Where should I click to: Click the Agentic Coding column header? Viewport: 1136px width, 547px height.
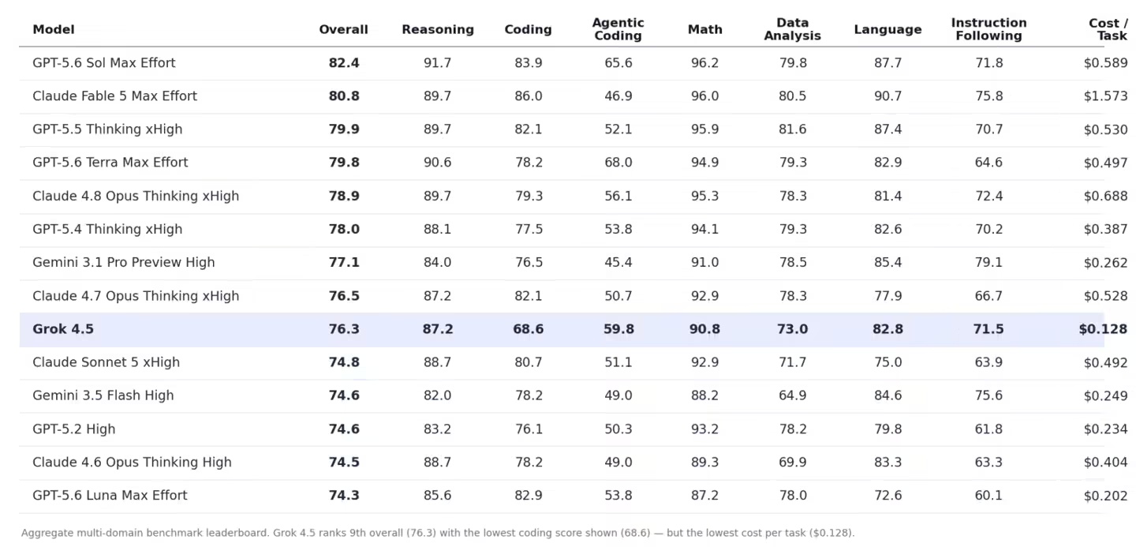coord(618,29)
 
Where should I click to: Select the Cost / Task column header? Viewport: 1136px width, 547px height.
coord(1108,29)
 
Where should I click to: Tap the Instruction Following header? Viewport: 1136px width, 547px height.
coord(988,29)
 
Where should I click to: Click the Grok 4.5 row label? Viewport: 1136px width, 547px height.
coord(63,329)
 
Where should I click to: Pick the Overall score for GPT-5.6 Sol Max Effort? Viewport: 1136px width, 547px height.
coord(344,63)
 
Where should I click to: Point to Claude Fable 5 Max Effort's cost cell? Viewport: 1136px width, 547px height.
coord(1105,96)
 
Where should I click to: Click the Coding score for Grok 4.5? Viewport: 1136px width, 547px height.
coord(528,329)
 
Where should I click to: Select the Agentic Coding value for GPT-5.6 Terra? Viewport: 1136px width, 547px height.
coord(618,163)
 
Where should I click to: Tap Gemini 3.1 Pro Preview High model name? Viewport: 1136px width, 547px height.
coord(124,262)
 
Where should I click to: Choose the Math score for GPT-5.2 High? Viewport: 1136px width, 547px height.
coord(704,429)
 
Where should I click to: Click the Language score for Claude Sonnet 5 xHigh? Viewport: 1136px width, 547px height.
coord(887,362)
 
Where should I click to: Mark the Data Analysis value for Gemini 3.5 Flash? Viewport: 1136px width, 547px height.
coord(792,395)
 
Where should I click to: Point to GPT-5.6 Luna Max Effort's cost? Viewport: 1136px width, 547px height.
coord(1105,495)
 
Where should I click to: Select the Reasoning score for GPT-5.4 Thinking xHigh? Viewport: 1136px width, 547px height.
coord(437,229)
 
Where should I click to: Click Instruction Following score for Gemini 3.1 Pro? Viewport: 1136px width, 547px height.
coord(988,262)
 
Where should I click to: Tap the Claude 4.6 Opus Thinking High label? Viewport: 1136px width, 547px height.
coord(132,463)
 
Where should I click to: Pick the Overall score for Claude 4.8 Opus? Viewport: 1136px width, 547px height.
coord(344,196)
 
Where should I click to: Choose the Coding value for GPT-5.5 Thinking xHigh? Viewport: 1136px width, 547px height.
coord(528,129)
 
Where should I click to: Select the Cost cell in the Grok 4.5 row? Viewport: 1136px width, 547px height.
coord(1103,329)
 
